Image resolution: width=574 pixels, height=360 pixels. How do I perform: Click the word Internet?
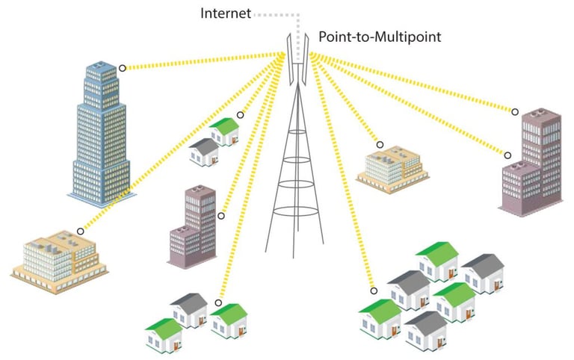(226, 14)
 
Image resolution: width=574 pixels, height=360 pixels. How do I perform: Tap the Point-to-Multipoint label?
(380, 37)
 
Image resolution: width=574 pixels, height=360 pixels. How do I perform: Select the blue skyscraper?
(102, 134)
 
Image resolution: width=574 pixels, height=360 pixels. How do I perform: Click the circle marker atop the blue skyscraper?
(123, 68)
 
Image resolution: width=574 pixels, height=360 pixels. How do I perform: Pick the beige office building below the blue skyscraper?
(60, 261)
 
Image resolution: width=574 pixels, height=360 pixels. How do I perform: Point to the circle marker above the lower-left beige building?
(81, 232)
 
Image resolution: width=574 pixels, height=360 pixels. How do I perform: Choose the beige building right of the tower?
(393, 169)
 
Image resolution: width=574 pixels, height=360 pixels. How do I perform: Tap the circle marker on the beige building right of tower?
(380, 145)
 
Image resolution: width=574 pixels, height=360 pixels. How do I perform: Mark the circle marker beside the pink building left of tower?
(221, 216)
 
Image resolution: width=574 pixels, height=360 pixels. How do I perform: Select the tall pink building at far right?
(531, 162)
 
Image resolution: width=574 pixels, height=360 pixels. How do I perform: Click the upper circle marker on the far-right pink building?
(515, 112)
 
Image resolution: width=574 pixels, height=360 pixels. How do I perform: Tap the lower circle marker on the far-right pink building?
(507, 155)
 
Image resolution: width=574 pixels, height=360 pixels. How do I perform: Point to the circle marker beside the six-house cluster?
(374, 291)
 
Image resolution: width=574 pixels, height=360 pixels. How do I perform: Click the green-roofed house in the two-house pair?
(224, 131)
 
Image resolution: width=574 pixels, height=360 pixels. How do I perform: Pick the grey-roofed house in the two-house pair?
(204, 152)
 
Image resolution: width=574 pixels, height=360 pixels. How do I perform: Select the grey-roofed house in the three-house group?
(189, 310)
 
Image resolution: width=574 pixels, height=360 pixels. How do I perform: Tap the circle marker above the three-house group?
(218, 303)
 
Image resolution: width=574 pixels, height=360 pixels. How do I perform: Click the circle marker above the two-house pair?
(241, 115)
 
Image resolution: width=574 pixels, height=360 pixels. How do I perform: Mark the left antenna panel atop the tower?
(290, 59)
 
